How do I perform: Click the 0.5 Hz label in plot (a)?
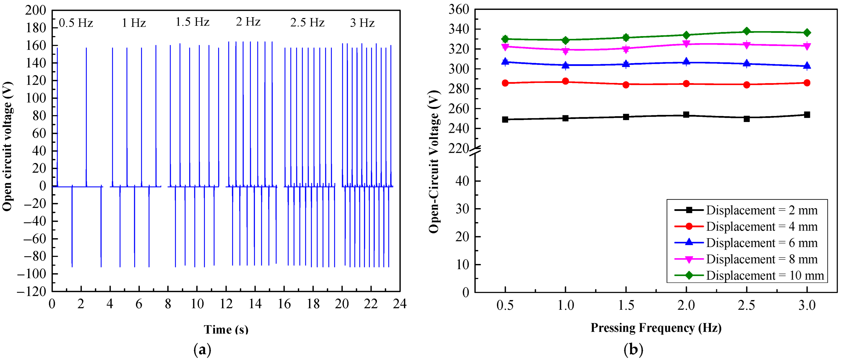(x=76, y=23)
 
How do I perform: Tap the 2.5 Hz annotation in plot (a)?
(x=307, y=22)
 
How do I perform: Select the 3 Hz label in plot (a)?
(x=362, y=23)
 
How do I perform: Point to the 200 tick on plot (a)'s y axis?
(x=36, y=10)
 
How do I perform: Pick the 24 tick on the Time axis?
(x=400, y=304)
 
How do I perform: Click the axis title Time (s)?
(x=226, y=329)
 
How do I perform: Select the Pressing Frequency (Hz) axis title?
(x=656, y=328)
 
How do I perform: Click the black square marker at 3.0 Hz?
(x=807, y=115)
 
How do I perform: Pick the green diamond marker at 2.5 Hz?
(x=747, y=31)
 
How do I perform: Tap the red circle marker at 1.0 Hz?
(x=565, y=81)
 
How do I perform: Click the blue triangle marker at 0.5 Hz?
(x=505, y=61)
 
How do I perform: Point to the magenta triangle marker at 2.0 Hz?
(x=686, y=44)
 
